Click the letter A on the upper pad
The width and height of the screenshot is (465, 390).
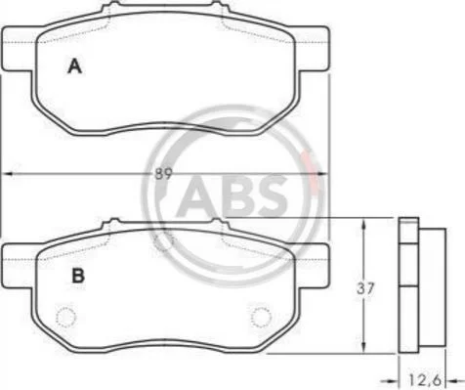74,66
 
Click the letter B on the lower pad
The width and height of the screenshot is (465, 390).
78,276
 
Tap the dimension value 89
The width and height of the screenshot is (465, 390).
163,174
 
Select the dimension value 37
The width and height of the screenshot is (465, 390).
365,288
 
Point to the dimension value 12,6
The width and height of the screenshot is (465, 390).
425,379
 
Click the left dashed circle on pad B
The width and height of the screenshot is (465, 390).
66,317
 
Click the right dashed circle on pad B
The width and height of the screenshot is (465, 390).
261,317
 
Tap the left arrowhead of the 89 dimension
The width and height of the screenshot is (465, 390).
7,174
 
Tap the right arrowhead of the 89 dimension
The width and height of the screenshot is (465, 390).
323,174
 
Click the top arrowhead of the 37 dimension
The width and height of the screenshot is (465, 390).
364,224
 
